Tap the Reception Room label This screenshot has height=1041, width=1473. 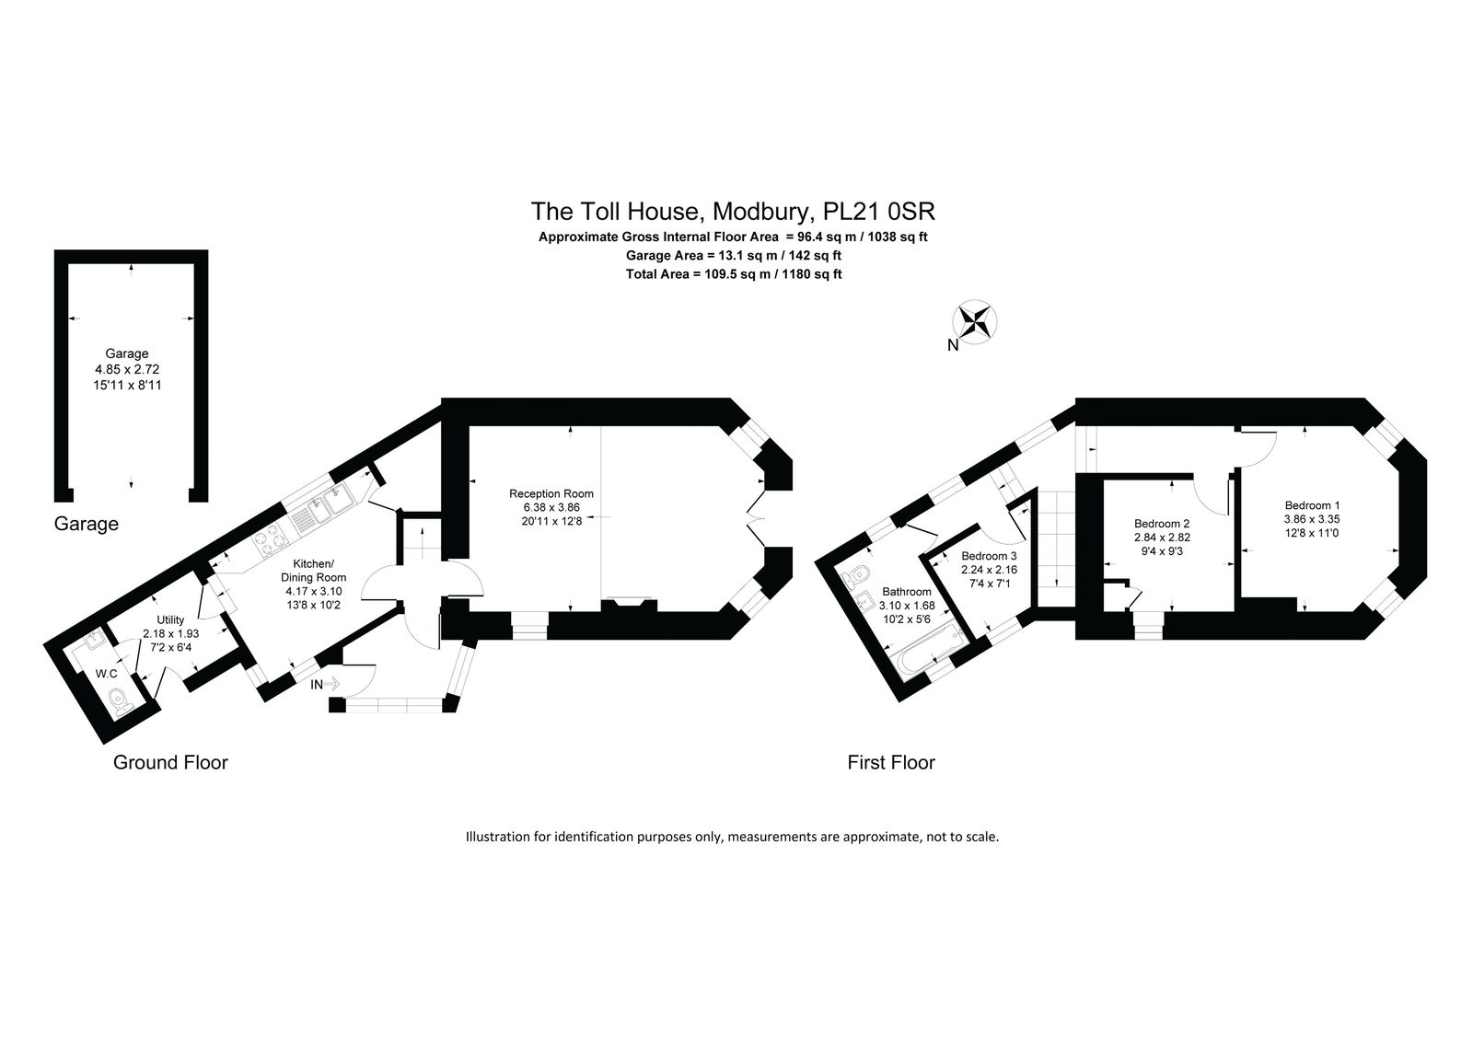click(x=551, y=493)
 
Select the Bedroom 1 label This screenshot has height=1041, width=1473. click(x=1312, y=505)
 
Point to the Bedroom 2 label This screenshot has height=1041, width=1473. click(x=1161, y=524)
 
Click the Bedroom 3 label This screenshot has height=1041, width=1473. click(x=989, y=556)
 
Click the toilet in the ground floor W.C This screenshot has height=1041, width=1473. click(x=120, y=701)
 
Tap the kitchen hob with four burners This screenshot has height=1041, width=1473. click(x=271, y=540)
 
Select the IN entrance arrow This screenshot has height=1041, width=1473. click(x=325, y=684)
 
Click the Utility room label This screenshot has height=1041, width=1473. click(x=170, y=619)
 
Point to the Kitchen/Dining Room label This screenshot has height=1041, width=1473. click(x=313, y=570)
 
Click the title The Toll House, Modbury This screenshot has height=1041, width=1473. click(x=733, y=211)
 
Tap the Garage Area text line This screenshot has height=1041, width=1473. click(x=733, y=255)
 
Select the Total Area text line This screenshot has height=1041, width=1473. click(x=733, y=273)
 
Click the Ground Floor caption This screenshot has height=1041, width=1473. click(x=170, y=762)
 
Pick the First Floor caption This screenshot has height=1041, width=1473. click(x=891, y=762)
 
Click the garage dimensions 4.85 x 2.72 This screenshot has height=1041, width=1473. click(x=127, y=369)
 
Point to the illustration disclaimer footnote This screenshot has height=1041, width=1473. click(x=732, y=838)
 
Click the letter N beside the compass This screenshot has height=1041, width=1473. click(x=953, y=345)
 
